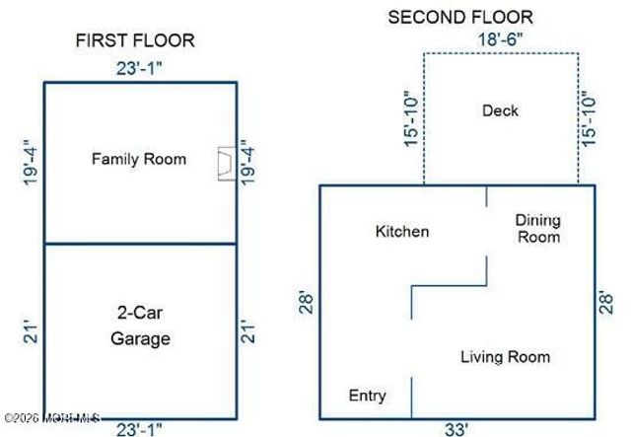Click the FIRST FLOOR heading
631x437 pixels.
tap(135, 40)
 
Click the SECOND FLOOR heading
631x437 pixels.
tap(460, 17)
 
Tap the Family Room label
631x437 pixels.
tap(139, 159)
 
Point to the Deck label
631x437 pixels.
tap(500, 110)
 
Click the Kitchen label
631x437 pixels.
tap(402, 232)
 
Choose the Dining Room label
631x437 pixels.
tap(537, 229)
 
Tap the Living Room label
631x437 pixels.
tap(506, 357)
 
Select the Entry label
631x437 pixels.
tap(368, 396)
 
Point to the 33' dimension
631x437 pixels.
tap(456, 429)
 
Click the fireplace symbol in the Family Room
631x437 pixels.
tap(225, 163)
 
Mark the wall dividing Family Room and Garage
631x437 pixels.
tap(140, 244)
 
